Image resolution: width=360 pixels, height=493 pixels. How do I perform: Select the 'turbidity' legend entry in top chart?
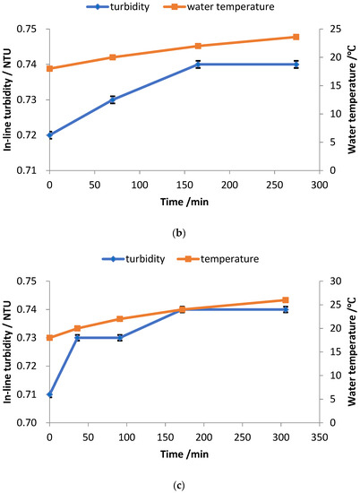click(140, 9)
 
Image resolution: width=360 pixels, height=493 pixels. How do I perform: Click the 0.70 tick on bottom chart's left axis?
click(26, 423)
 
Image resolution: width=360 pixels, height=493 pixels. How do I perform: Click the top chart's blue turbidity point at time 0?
click(49, 135)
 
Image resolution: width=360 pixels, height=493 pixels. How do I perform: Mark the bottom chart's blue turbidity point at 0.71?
click(49, 394)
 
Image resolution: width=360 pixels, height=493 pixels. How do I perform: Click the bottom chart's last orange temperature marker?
click(286, 300)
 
